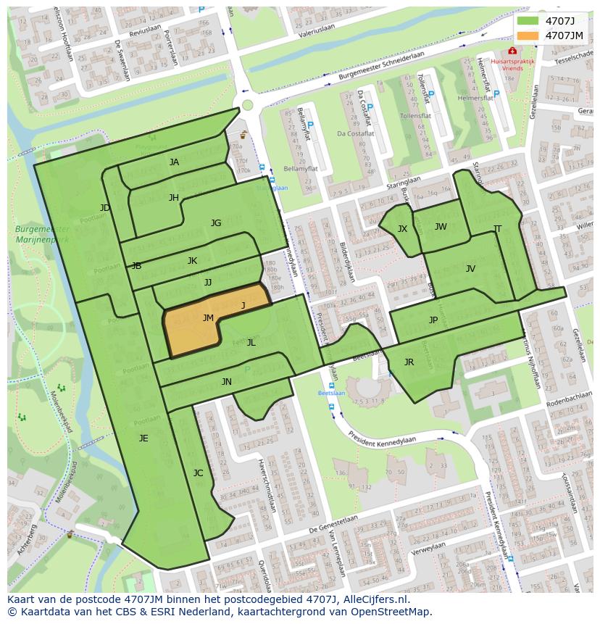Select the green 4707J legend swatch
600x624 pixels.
point(528,22)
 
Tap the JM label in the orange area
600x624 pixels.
point(208,318)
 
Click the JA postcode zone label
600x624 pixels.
point(174,162)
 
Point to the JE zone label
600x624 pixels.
point(143,438)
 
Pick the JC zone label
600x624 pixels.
point(198,473)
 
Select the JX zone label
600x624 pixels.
point(402,229)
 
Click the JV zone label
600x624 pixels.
point(470,269)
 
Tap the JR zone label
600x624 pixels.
point(409,362)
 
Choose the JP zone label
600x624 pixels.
point(433,320)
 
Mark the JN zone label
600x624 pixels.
point(227,382)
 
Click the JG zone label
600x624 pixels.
point(216,223)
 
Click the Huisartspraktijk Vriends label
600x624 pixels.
point(512,65)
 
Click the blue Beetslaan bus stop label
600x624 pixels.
point(332,393)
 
